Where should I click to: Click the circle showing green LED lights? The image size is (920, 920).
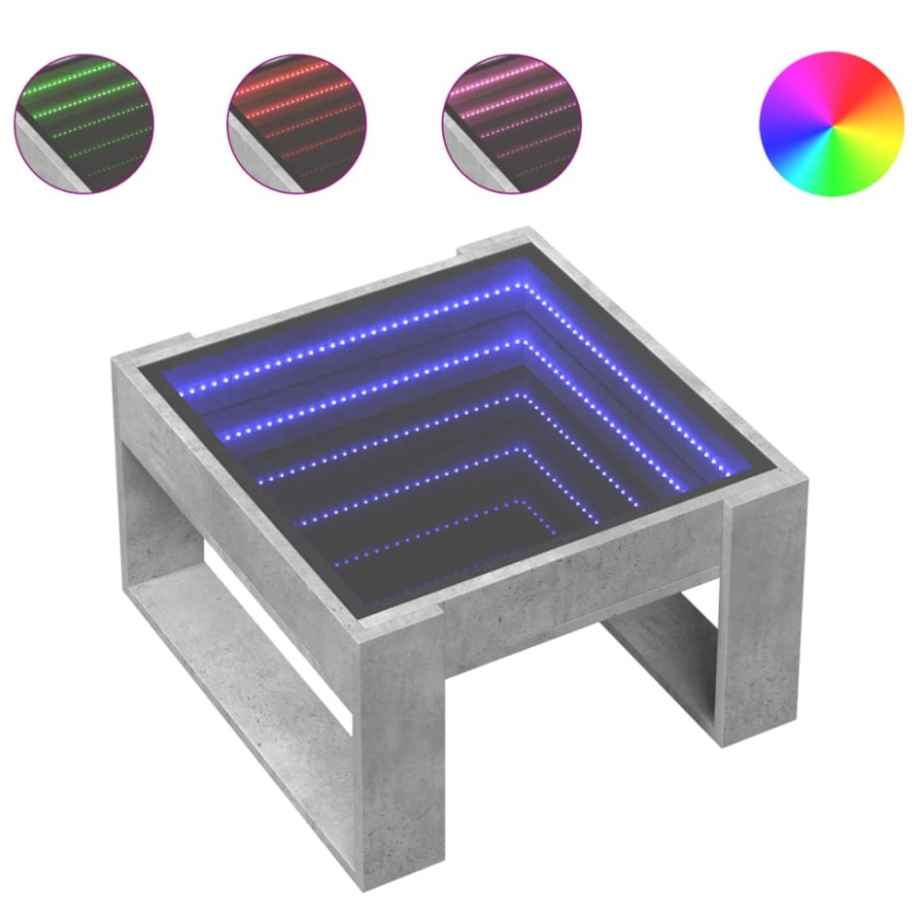coord(84,123)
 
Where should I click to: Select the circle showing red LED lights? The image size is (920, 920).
coord(296,123)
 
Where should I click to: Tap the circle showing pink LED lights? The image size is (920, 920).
coord(512,123)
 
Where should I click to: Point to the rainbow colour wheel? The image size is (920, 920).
coord(831,123)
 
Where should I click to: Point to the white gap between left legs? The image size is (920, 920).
coord(272,631)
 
